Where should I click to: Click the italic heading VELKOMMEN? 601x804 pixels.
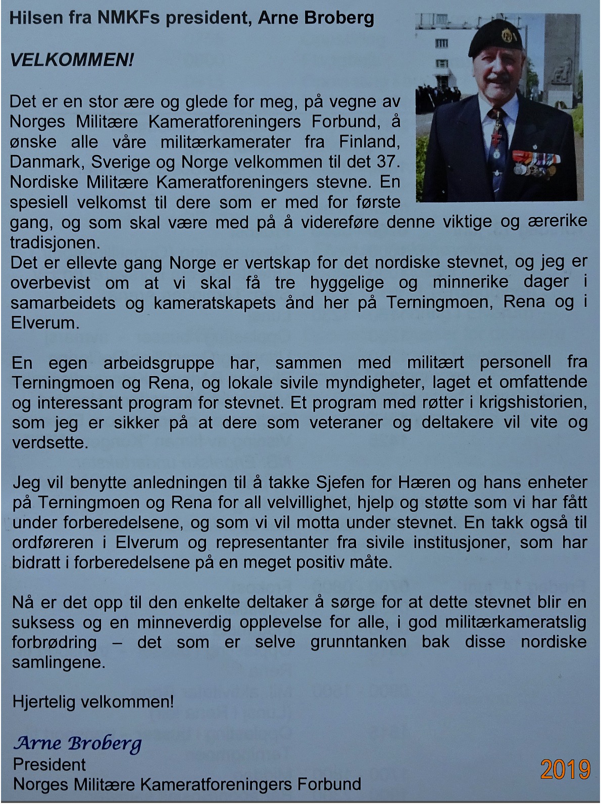72,61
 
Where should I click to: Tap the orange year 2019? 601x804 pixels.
565,769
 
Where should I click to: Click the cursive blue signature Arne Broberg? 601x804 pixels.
77,743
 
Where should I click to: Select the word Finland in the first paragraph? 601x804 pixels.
369,141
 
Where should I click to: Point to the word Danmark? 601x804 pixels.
40,162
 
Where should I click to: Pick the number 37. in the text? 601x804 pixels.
388,162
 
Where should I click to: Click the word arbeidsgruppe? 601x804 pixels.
159,363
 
